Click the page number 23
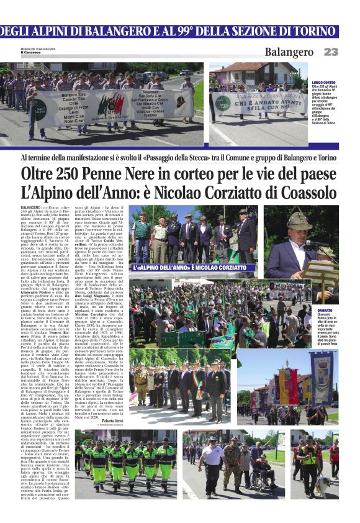[x=331, y=52]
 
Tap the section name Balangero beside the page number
[x=289, y=52]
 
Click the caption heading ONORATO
[x=326, y=309]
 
